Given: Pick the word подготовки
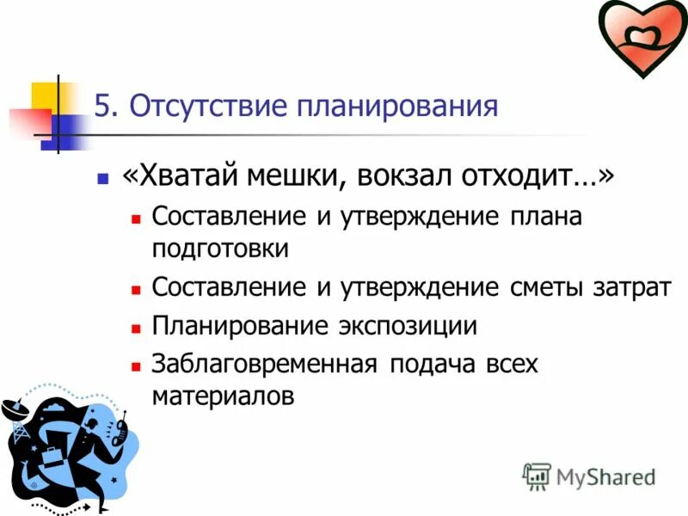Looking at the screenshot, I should click(220, 249).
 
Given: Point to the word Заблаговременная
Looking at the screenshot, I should click(265, 364).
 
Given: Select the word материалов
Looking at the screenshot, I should click(223, 396).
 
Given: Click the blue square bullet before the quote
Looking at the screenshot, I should click(103, 180).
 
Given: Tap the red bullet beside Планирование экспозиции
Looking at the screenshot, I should click(135, 329).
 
